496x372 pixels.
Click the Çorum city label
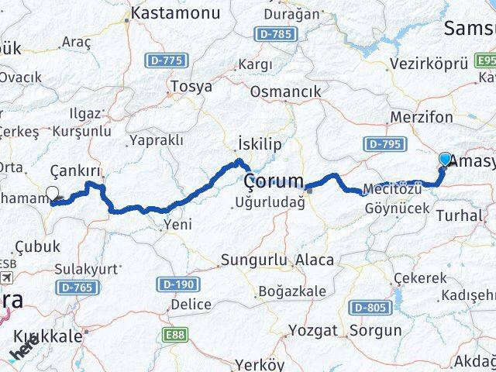coord(274,181)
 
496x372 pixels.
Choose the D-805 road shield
coord(369,308)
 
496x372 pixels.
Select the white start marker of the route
coord(53,195)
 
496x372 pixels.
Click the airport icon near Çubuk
coord(7,277)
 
